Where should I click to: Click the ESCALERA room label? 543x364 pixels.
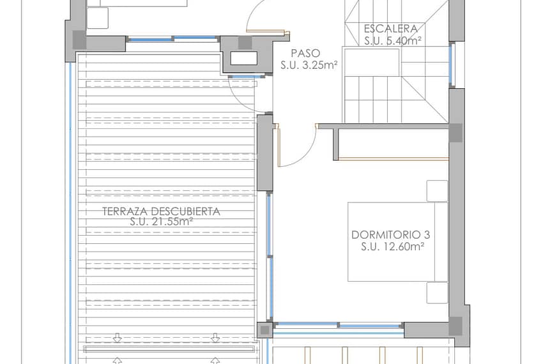coord(391,28)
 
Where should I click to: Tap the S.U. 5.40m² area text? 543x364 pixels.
coord(393,41)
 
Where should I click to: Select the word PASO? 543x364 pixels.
coord(305,54)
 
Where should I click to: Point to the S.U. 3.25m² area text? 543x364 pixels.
coord(309,65)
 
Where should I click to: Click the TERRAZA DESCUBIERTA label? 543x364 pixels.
coord(162,211)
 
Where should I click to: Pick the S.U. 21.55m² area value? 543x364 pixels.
coord(162,222)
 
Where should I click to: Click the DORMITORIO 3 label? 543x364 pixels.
coord(390,235)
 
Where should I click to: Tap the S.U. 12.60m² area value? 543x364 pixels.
coord(393,246)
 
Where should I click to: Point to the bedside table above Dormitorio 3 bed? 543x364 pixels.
coord(437,191)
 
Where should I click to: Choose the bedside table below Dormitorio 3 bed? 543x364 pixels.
coord(437,293)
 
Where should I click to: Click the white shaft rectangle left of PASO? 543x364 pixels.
coord(244,58)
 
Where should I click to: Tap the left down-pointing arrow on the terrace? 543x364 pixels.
coord(117,338)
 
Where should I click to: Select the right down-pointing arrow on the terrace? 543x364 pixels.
coord(215,338)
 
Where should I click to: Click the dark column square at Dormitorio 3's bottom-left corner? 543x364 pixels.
coord(265,330)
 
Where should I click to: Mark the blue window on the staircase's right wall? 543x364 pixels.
coord(450,65)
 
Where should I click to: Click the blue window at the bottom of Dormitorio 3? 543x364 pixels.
coord(339,326)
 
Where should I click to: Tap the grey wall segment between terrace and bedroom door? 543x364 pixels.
coord(265,153)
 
